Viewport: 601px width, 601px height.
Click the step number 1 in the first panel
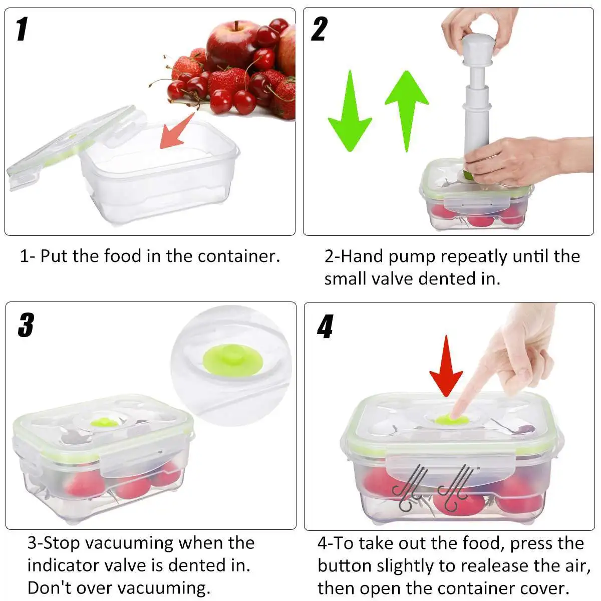tap(22, 29)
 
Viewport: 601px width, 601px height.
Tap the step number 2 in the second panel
tap(319, 29)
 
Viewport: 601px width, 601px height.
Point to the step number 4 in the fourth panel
tap(325, 327)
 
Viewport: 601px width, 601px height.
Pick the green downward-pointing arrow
tap(349, 113)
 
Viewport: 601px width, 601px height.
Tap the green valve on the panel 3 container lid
tap(105, 422)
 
